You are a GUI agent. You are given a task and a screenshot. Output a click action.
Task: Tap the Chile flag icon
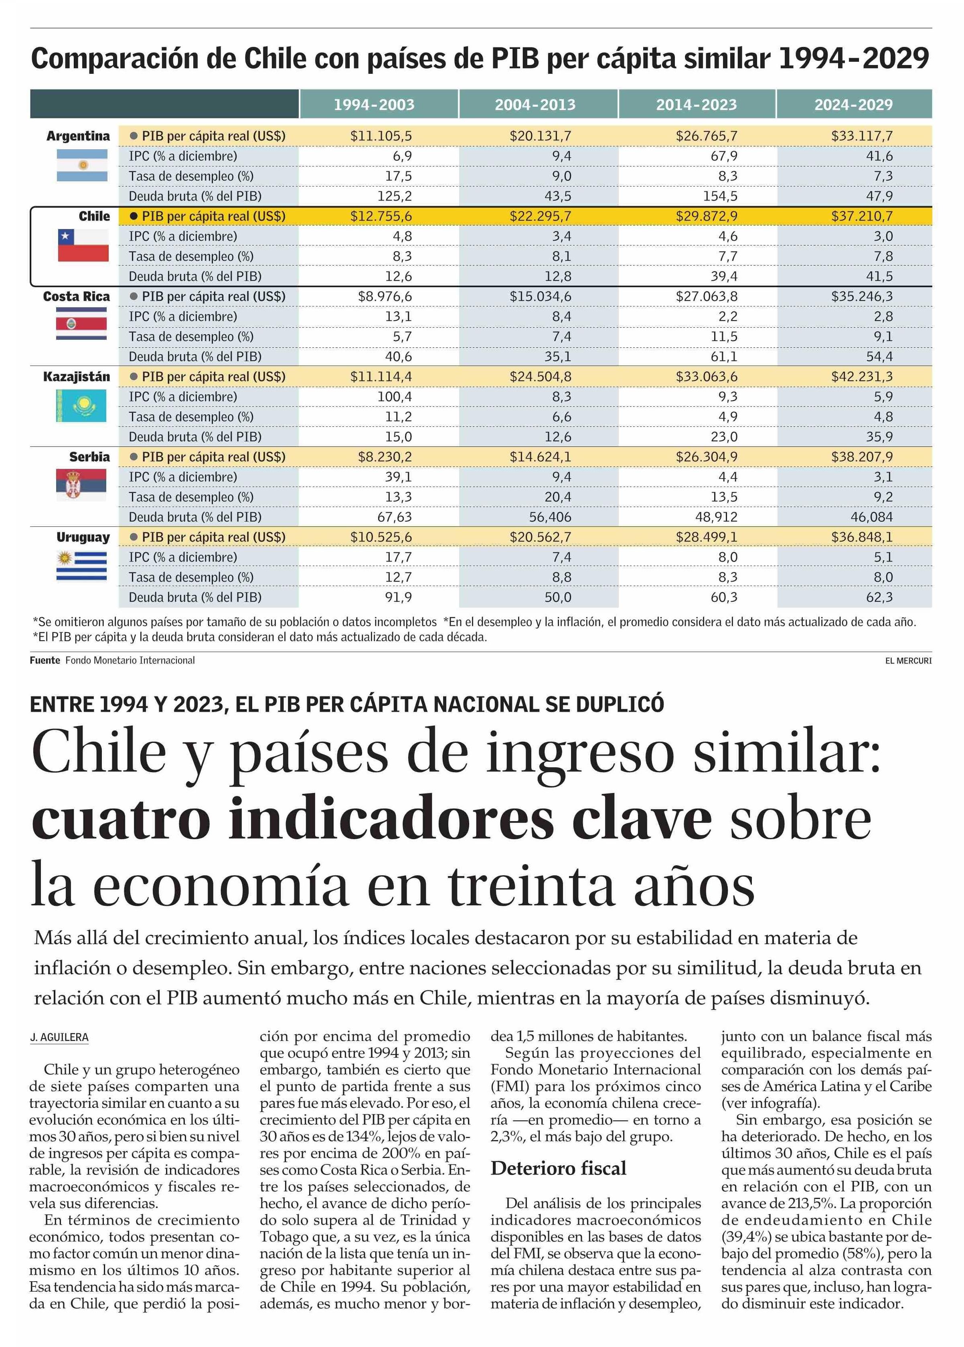(x=83, y=245)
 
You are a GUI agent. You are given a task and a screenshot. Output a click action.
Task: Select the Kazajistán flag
(x=81, y=406)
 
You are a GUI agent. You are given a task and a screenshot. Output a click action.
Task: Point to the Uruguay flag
(x=82, y=566)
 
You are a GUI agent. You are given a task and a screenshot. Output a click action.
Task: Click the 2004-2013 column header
(x=535, y=105)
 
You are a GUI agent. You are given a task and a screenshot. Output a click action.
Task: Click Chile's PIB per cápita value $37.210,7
(x=861, y=216)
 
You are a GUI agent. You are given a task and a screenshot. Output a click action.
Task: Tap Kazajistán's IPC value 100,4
(x=394, y=397)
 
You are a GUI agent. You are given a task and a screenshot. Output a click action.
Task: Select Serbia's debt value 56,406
(x=550, y=517)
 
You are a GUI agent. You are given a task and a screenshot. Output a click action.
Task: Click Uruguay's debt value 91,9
(x=398, y=597)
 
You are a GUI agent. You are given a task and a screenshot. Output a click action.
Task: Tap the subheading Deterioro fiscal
(x=558, y=1168)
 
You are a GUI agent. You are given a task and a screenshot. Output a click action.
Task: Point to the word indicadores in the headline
(x=391, y=819)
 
